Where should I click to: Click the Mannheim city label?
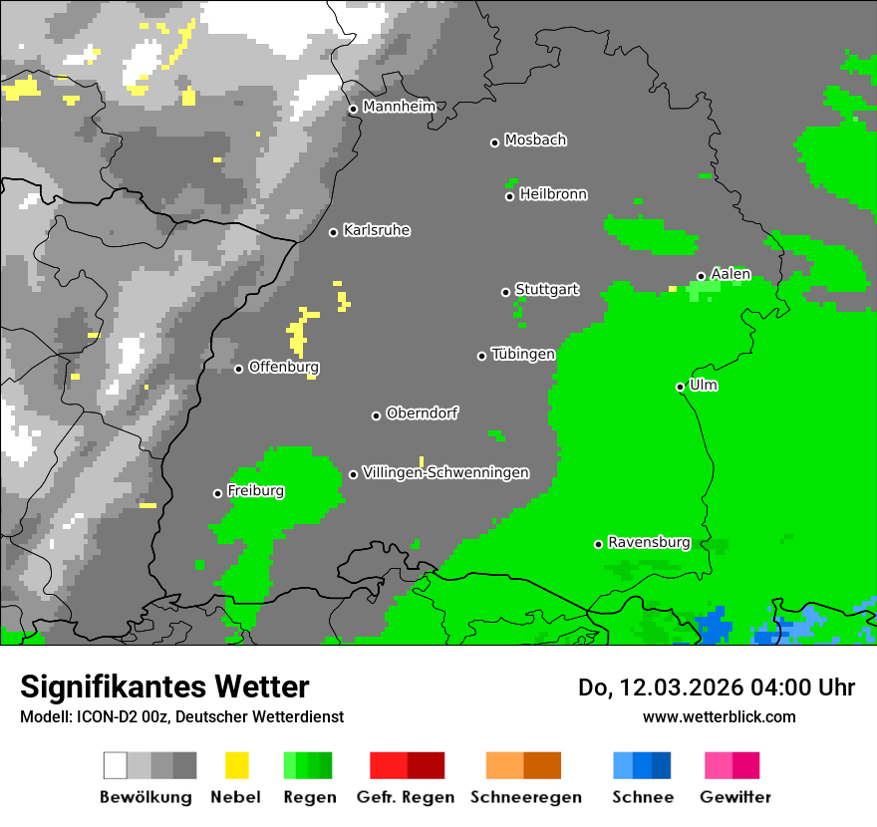399,107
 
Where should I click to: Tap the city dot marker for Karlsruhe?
334,232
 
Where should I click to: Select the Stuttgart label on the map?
546,290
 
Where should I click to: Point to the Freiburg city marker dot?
217,493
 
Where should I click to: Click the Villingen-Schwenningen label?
445,472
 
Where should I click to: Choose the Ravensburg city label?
649,543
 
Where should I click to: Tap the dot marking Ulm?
680,387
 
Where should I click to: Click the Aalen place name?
731,274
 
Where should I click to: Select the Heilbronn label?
553,194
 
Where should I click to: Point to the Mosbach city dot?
494,142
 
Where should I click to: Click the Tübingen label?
523,354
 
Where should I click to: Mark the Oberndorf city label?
422,413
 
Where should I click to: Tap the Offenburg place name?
283,367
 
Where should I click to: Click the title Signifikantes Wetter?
164,687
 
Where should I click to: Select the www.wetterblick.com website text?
719,716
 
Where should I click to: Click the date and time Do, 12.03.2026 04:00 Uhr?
716,688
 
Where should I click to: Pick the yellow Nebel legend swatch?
237,765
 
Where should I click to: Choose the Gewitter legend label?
734,797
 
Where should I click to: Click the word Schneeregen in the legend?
525,797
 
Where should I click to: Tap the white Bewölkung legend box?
116,765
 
